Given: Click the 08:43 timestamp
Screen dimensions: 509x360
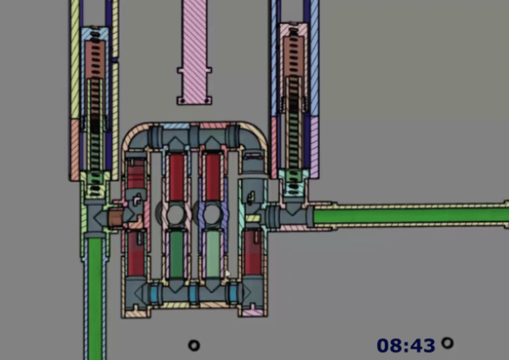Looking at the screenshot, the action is point(406,345).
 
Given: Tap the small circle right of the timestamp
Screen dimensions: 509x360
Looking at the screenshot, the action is point(447,343).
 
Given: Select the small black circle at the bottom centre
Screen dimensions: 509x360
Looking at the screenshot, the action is point(194,345).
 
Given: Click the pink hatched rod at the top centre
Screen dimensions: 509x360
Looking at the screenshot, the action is point(194,52).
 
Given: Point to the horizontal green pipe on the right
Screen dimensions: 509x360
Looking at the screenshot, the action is point(411,216).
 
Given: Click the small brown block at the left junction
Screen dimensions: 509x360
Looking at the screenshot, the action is point(115,217).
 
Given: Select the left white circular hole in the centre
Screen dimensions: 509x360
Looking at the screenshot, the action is point(176,213).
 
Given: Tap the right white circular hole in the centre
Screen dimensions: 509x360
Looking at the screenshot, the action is point(212,213).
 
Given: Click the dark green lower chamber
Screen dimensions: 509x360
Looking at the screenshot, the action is point(176,254).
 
